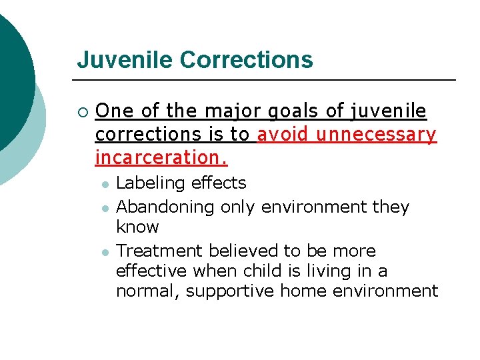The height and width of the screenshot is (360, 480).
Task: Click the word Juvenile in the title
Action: (125, 60)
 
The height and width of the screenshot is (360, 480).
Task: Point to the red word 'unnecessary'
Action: (376, 134)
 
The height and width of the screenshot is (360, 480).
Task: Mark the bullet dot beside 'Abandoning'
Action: (105, 209)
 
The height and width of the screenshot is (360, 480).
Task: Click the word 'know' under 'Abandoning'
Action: (137, 227)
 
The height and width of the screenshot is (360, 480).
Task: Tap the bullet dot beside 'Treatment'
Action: (105, 253)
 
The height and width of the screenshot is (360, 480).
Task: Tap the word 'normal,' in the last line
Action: (148, 291)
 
